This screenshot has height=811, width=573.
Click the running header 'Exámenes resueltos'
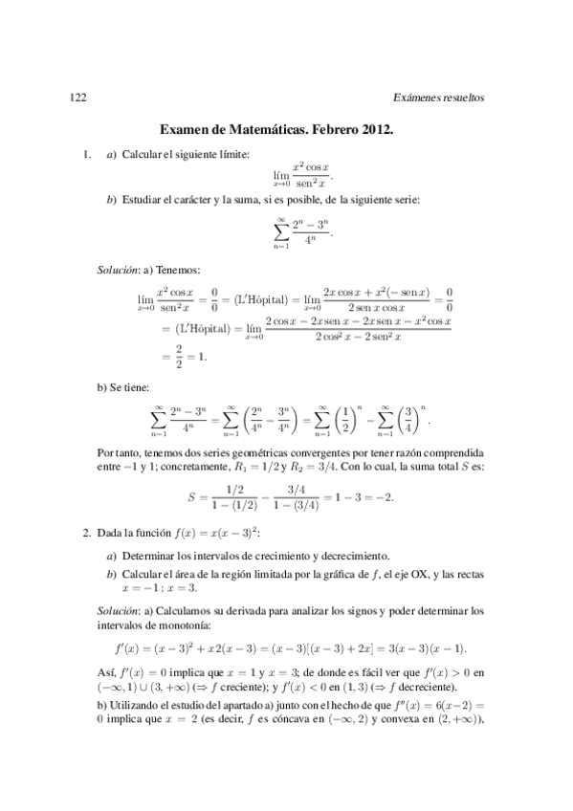pos(439,98)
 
